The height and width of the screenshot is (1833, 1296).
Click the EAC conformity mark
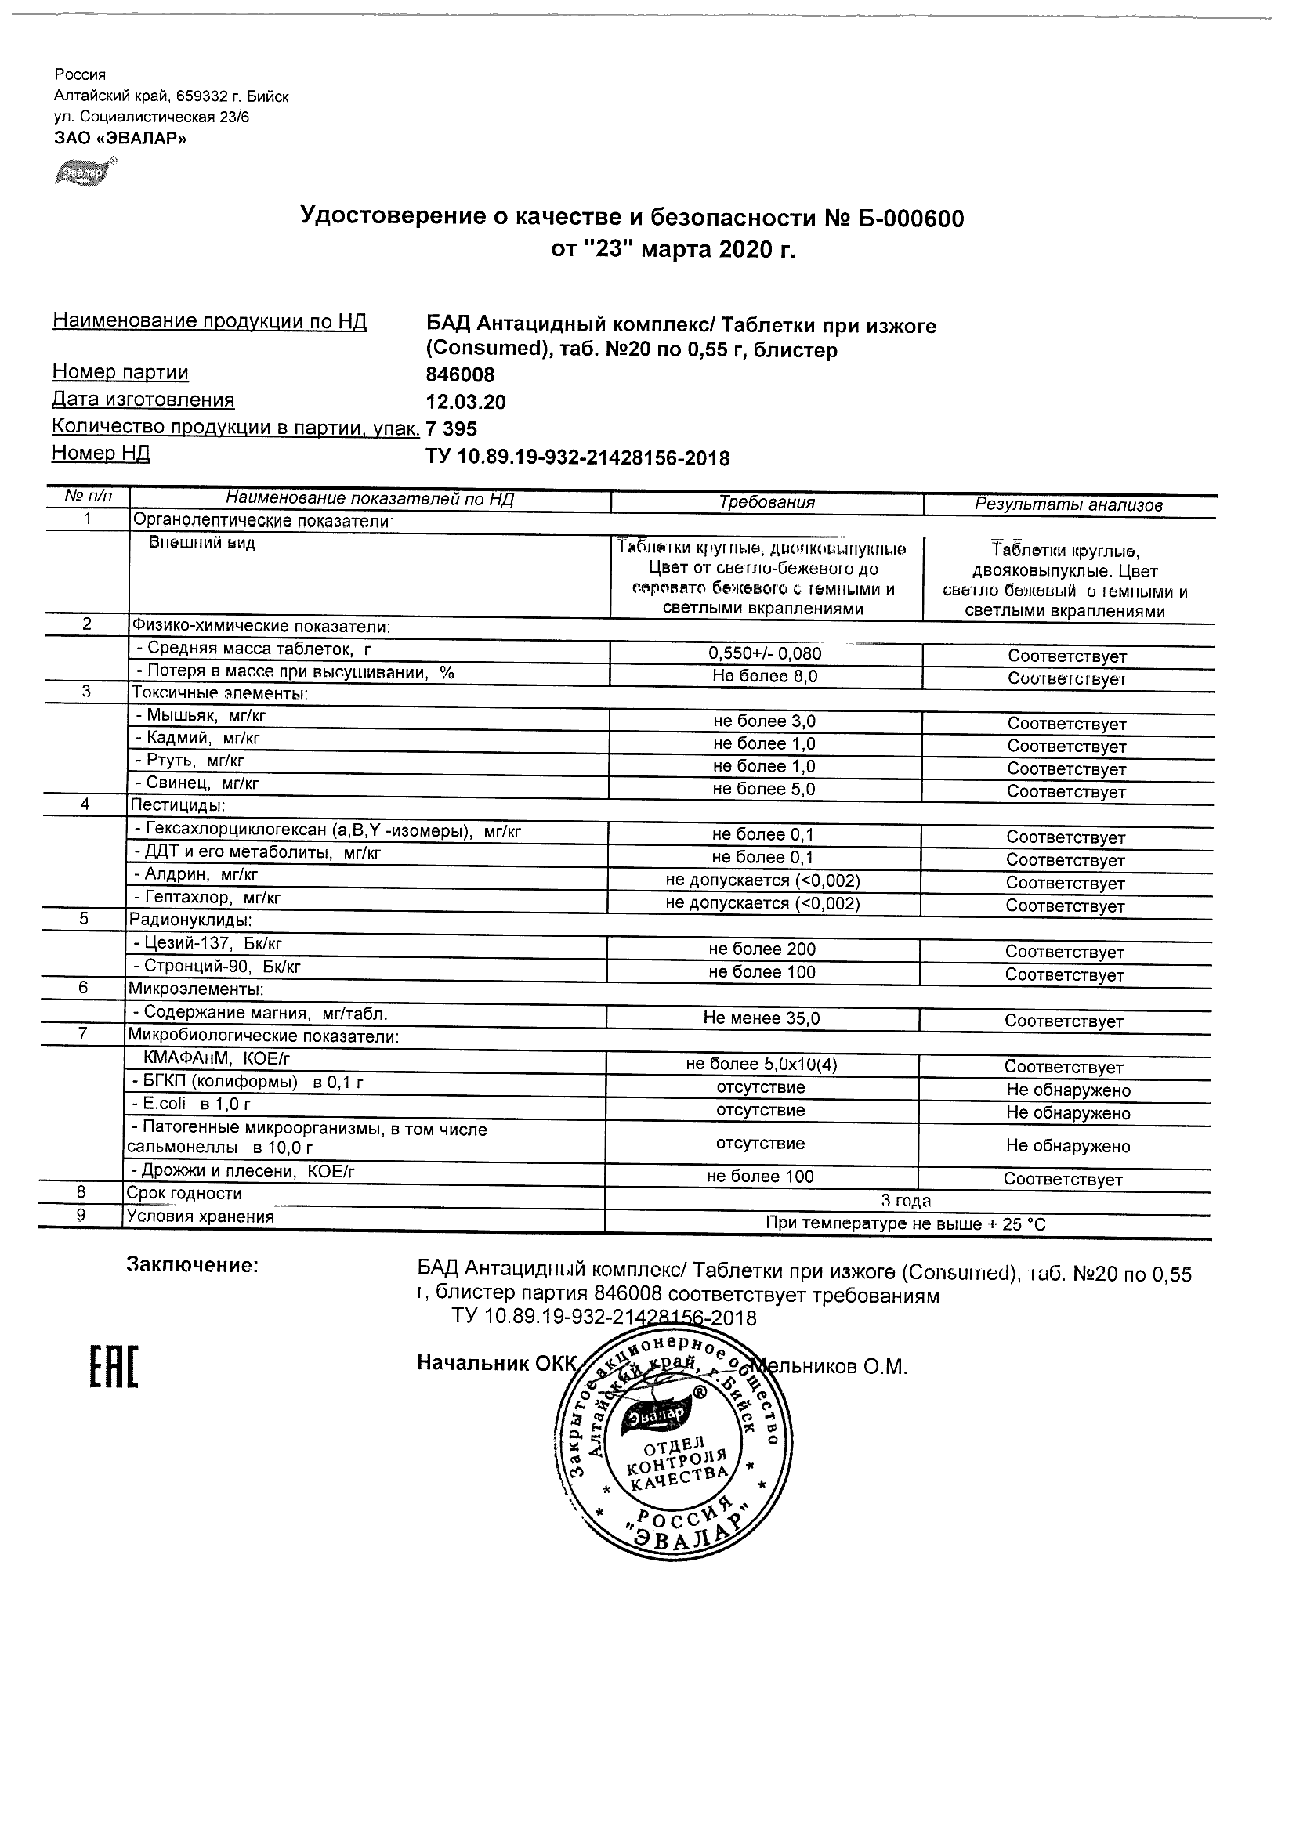(x=113, y=1367)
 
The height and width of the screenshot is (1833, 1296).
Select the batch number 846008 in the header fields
(x=460, y=374)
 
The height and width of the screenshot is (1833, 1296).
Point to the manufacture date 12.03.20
(x=465, y=402)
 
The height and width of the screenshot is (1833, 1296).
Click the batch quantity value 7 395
(x=451, y=428)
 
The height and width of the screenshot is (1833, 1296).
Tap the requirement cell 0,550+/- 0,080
(x=764, y=654)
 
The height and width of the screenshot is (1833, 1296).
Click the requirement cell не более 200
(x=762, y=949)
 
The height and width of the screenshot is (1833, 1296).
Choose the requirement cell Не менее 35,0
(x=761, y=1018)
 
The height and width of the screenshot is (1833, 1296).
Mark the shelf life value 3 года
(x=906, y=1201)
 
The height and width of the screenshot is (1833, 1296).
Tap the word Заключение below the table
(x=193, y=1265)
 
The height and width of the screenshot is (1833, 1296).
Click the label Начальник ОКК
(x=496, y=1363)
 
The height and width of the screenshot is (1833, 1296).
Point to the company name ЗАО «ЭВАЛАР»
(x=121, y=138)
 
